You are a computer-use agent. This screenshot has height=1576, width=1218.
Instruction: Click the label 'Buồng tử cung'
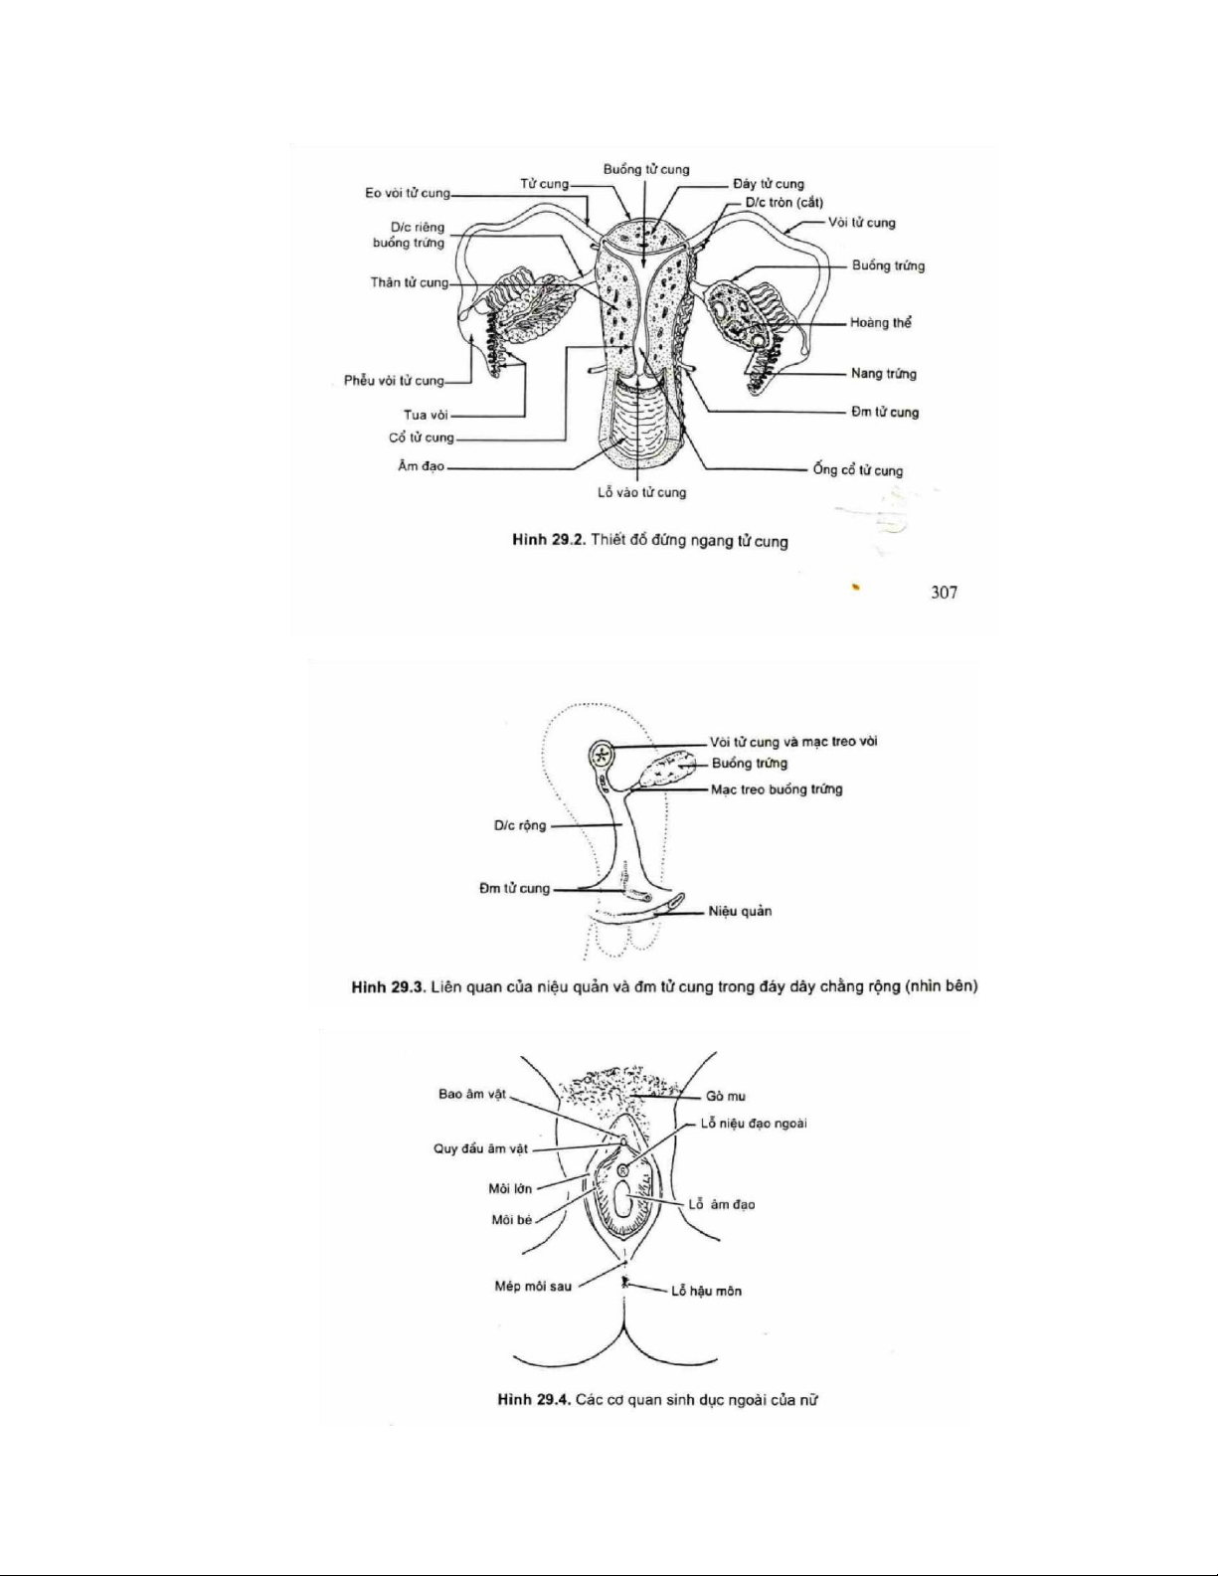[646, 170]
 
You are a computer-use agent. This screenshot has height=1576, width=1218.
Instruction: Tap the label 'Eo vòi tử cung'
[408, 193]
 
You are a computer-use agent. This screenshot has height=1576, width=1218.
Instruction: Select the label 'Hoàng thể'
[881, 323]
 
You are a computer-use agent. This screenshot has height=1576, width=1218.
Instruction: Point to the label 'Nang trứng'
[884, 374]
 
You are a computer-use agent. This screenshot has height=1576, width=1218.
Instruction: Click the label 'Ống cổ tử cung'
[858, 470]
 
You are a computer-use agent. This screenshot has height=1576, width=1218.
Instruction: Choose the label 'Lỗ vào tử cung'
[641, 492]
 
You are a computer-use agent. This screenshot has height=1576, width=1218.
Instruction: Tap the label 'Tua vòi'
[426, 415]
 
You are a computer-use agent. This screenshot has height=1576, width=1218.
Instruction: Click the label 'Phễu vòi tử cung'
[394, 380]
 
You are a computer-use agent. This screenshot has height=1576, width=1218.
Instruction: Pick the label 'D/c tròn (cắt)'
[784, 203]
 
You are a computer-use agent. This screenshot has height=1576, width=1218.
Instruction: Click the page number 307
[944, 593]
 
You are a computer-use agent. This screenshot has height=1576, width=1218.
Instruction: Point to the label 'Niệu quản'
[740, 912]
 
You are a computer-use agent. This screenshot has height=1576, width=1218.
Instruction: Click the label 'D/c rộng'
[520, 825]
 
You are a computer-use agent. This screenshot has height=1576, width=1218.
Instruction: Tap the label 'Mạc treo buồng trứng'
[777, 789]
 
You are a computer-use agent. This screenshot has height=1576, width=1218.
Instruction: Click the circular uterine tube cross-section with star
[601, 755]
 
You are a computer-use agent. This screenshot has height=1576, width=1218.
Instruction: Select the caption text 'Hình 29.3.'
[388, 986]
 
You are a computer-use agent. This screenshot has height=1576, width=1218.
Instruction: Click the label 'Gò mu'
[725, 1096]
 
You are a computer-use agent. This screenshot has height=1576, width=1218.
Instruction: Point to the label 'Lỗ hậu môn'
[706, 1291]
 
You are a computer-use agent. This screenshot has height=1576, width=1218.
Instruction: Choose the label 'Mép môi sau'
[533, 1286]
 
